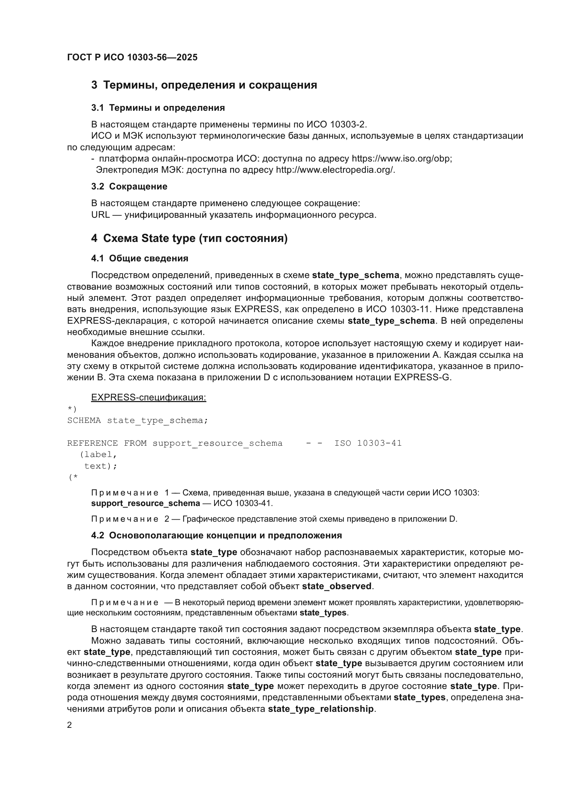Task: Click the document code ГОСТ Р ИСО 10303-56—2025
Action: pyautogui.click(x=132, y=57)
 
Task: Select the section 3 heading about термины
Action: pyautogui.click(x=204, y=85)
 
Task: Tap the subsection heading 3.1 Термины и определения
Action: pyautogui.click(x=158, y=108)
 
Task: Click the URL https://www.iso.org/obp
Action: pyautogui.click(x=401, y=159)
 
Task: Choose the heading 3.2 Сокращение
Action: pyautogui.click(x=129, y=187)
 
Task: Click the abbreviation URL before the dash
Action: pyautogui.click(x=100, y=215)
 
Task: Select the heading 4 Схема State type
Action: pyautogui.click(x=189, y=239)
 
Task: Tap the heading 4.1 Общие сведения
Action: pyautogui.click(x=139, y=258)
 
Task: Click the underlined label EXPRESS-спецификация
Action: pyautogui.click(x=149, y=397)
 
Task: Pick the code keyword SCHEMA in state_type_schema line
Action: pyautogui.click(x=84, y=421)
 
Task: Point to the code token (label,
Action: pyautogui.click(x=98, y=455)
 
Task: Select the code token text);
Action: pyautogui.click(x=101, y=466)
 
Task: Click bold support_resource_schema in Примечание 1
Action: pyautogui.click(x=146, y=503)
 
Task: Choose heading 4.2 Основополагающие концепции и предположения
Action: pyautogui.click(x=217, y=536)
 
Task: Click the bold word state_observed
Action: pyautogui.click(x=337, y=587)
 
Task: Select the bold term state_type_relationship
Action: pyautogui.click(x=321, y=709)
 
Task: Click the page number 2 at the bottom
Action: pyautogui.click(x=70, y=725)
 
